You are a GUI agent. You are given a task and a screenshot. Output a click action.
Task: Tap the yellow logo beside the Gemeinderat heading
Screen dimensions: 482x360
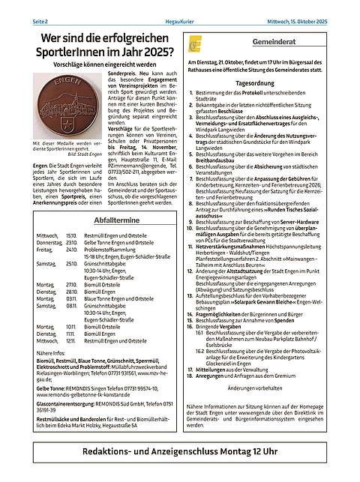pyautogui.click(x=196, y=46)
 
